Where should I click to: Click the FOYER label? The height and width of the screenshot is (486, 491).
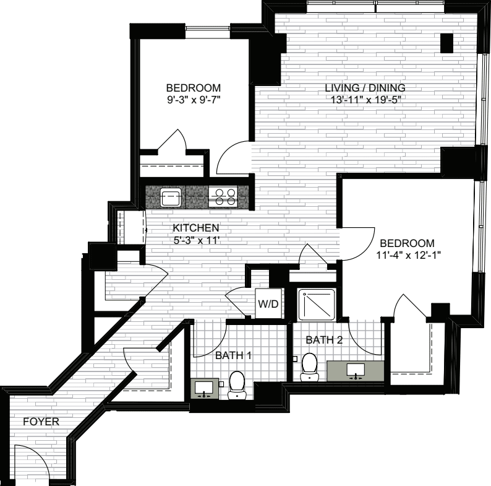coord(41,422)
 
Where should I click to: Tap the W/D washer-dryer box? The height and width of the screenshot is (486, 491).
coord(268,303)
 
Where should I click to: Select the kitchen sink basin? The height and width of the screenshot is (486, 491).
coord(171,197)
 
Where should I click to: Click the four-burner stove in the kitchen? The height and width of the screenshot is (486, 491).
coord(223,197)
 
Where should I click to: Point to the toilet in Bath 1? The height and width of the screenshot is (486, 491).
coord(236,384)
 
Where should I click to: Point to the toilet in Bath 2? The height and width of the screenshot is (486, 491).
coord(309,367)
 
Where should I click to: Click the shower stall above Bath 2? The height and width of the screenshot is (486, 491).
coord(316,305)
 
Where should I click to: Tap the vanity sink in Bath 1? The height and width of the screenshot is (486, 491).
coord(205,388)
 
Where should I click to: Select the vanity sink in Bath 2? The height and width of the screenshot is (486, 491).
coord(356,370)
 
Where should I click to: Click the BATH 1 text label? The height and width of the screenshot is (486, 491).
coord(233,355)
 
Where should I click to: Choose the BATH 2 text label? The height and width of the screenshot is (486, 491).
coord(324,339)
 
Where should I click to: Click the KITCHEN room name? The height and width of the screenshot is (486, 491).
coord(195,228)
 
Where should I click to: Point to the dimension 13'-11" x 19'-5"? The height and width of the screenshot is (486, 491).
coord(366,100)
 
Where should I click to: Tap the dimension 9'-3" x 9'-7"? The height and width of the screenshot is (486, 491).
coord(194,100)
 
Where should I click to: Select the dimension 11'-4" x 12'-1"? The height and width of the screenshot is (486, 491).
coord(408,255)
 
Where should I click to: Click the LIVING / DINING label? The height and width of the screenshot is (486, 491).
coord(365,87)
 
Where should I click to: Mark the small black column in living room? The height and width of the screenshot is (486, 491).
coord(447,43)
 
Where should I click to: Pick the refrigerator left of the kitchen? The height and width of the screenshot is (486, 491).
coord(132,227)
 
